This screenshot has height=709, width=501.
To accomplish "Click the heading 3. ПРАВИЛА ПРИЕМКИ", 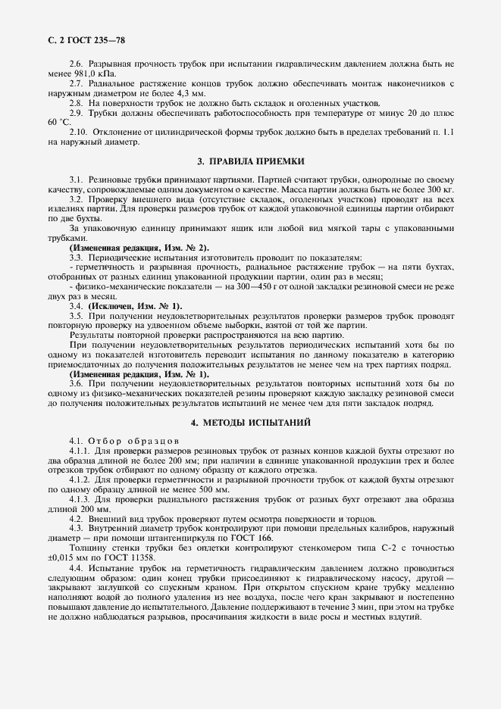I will click(x=251, y=161).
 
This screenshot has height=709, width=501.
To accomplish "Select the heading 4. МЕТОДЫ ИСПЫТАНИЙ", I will click(x=251, y=421).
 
